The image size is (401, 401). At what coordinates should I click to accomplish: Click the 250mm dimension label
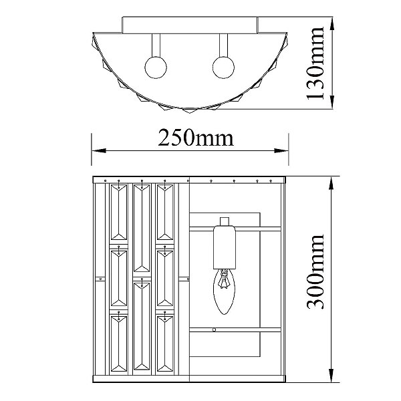196,138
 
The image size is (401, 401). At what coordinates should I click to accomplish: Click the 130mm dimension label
315,63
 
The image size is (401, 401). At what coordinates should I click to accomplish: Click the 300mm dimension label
315,271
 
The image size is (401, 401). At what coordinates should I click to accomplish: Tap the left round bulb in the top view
156,68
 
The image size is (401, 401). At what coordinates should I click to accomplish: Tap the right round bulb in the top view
223,68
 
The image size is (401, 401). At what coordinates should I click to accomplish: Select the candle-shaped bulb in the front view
224,291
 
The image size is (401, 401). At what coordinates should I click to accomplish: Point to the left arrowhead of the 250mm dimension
99,150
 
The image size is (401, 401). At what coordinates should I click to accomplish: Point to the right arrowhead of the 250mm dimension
281,150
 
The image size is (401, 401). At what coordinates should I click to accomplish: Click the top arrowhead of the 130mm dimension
332,24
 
